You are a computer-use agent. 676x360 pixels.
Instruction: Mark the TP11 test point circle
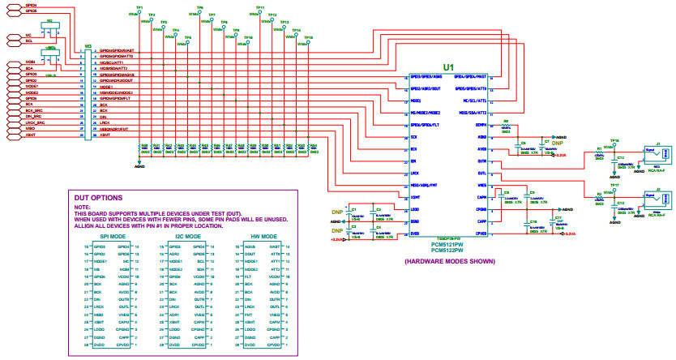(x=260, y=14)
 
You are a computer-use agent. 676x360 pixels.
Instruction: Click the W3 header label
(x=87, y=46)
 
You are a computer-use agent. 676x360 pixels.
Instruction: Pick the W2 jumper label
(x=49, y=21)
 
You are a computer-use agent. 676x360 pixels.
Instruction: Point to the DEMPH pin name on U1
(x=480, y=126)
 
